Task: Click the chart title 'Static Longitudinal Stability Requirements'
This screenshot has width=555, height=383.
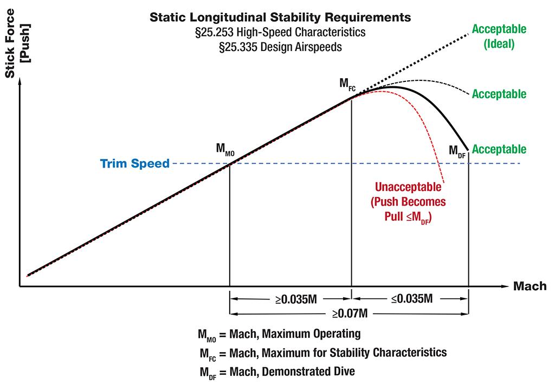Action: point(280,18)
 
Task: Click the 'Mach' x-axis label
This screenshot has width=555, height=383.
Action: point(530,286)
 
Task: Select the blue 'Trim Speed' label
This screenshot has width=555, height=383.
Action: point(135,163)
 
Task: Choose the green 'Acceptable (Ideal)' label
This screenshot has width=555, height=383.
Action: point(499,36)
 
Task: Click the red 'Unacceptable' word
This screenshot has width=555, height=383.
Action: point(408,188)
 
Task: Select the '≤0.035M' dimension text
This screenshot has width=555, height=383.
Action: point(410,298)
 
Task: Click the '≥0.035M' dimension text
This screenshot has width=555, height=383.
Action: point(291,298)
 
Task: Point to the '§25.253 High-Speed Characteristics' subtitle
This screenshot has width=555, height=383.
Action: point(280,33)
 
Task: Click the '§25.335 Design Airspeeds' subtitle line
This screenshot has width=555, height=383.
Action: point(280,47)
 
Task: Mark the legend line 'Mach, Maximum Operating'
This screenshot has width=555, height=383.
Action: point(279,333)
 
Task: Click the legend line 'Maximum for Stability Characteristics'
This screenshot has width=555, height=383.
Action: point(323,353)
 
